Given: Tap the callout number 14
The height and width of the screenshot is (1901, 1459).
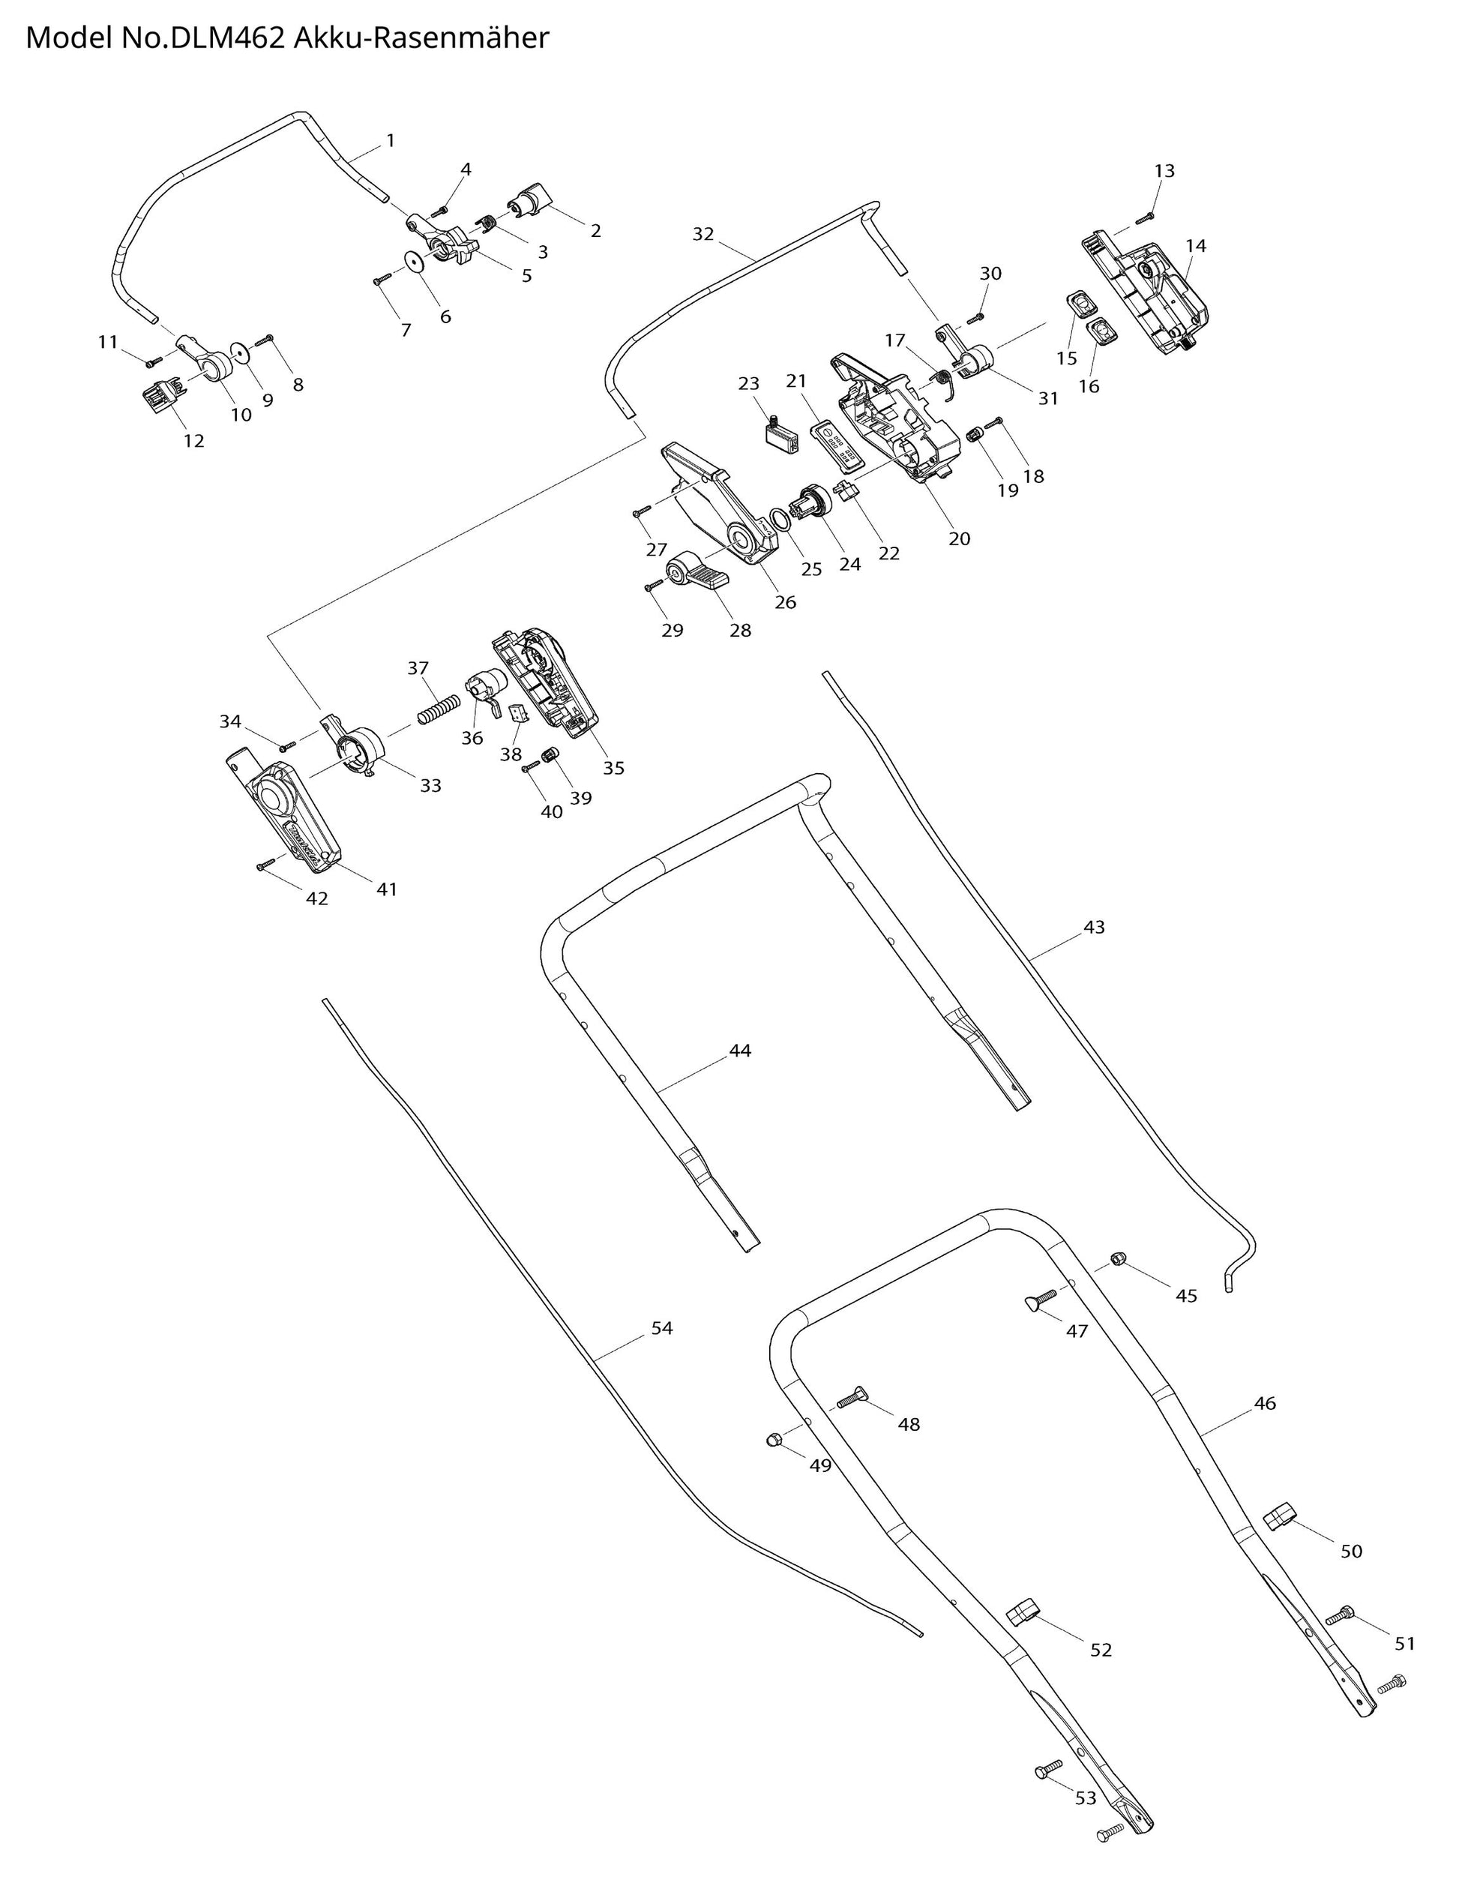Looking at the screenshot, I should (1196, 246).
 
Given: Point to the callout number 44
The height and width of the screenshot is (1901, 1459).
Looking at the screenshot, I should (740, 1051).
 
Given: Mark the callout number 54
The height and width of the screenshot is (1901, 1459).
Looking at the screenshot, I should (662, 1328).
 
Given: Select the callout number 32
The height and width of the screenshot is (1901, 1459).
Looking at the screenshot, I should (703, 234).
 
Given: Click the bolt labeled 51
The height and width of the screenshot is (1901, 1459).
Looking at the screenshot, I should (1340, 1615).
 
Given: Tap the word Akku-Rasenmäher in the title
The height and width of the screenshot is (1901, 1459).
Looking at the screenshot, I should (421, 38).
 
